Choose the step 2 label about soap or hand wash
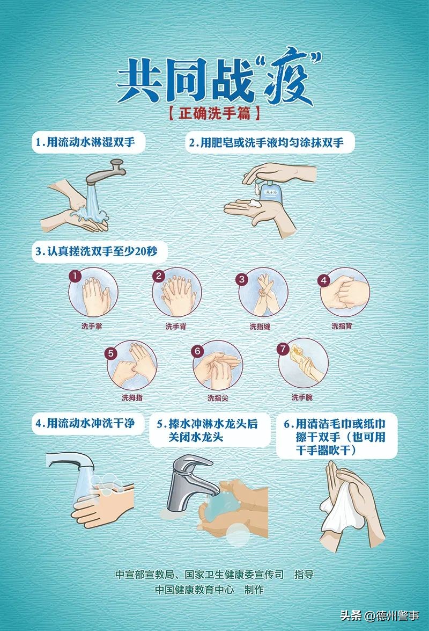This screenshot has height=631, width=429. click(x=270, y=143)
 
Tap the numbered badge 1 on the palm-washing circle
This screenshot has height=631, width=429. click(x=76, y=277)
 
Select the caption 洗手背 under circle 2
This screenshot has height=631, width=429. click(x=175, y=326)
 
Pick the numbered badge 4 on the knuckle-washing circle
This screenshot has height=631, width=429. click(x=323, y=280)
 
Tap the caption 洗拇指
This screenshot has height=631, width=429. click(x=132, y=398)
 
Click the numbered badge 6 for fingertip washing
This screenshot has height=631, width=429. click(x=197, y=351)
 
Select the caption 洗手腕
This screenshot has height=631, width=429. click(x=302, y=397)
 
